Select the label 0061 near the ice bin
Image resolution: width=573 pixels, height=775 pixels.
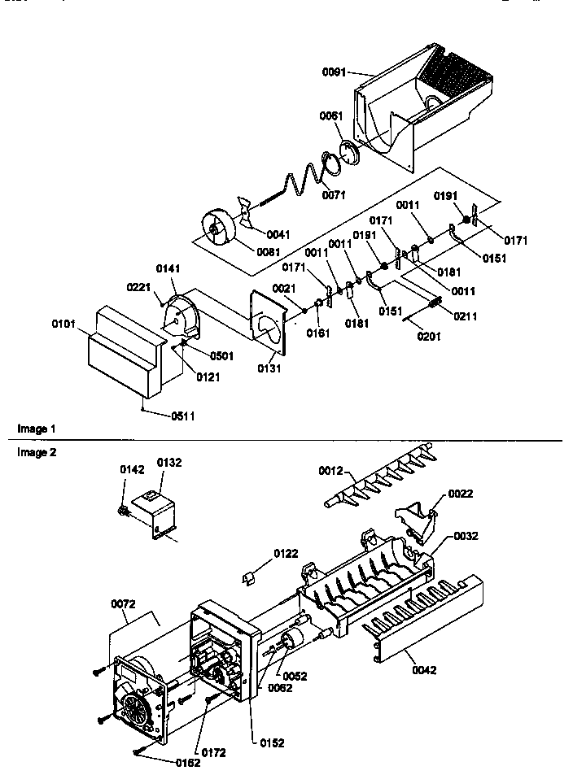pos(331,117)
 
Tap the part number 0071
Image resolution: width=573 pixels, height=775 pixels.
pos(332,195)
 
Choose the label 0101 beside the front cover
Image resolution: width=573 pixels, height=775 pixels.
pos(64,324)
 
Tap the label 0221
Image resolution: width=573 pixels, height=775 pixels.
pos(138,286)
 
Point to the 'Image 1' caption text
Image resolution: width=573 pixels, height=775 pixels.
pos(37,428)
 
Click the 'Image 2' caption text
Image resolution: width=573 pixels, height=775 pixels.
pos(37,452)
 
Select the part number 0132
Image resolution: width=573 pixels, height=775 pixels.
pos(169,462)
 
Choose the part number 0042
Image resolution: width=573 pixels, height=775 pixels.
pos(424,670)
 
